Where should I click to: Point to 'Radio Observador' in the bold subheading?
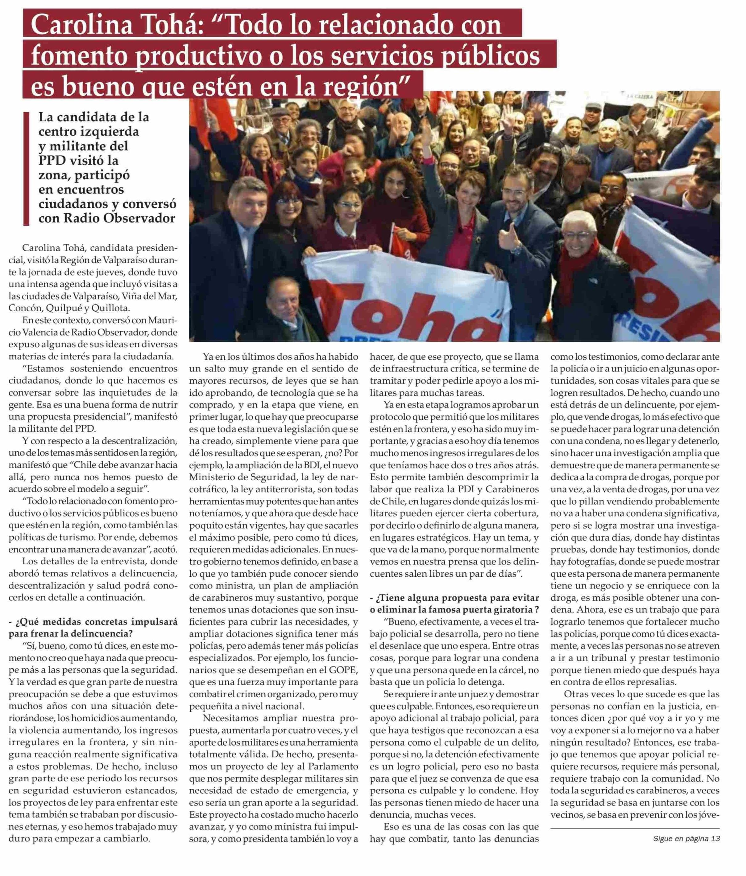coord(107,219)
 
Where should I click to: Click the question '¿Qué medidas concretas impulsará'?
coord(93,622)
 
